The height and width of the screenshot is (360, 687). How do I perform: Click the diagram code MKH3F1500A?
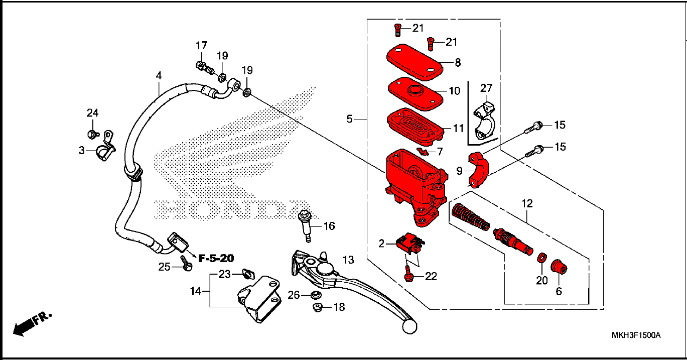click(636, 335)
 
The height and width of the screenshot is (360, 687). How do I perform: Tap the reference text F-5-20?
click(216, 259)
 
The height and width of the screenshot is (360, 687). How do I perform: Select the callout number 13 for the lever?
click(348, 260)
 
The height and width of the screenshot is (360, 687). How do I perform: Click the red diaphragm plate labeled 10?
click(416, 93)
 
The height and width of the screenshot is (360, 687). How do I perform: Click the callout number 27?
click(486, 88)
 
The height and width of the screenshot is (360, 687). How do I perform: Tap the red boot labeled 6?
click(559, 267)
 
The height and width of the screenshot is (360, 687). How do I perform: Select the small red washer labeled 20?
click(542, 258)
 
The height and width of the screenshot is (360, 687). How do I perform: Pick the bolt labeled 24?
click(93, 135)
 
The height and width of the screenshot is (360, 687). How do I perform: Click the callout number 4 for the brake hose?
click(159, 75)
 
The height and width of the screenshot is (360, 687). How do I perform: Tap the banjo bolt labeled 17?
click(205, 68)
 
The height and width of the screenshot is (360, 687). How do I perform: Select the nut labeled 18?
click(318, 307)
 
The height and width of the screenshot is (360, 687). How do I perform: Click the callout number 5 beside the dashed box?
click(349, 119)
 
